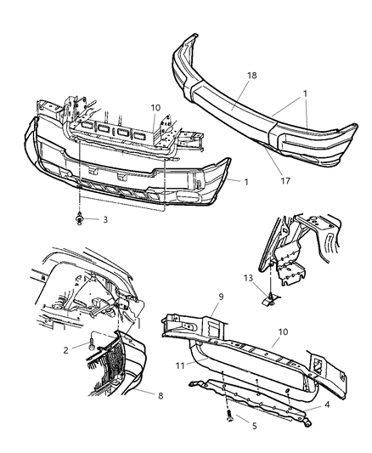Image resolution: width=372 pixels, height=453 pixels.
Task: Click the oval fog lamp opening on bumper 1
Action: tap(188, 196)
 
